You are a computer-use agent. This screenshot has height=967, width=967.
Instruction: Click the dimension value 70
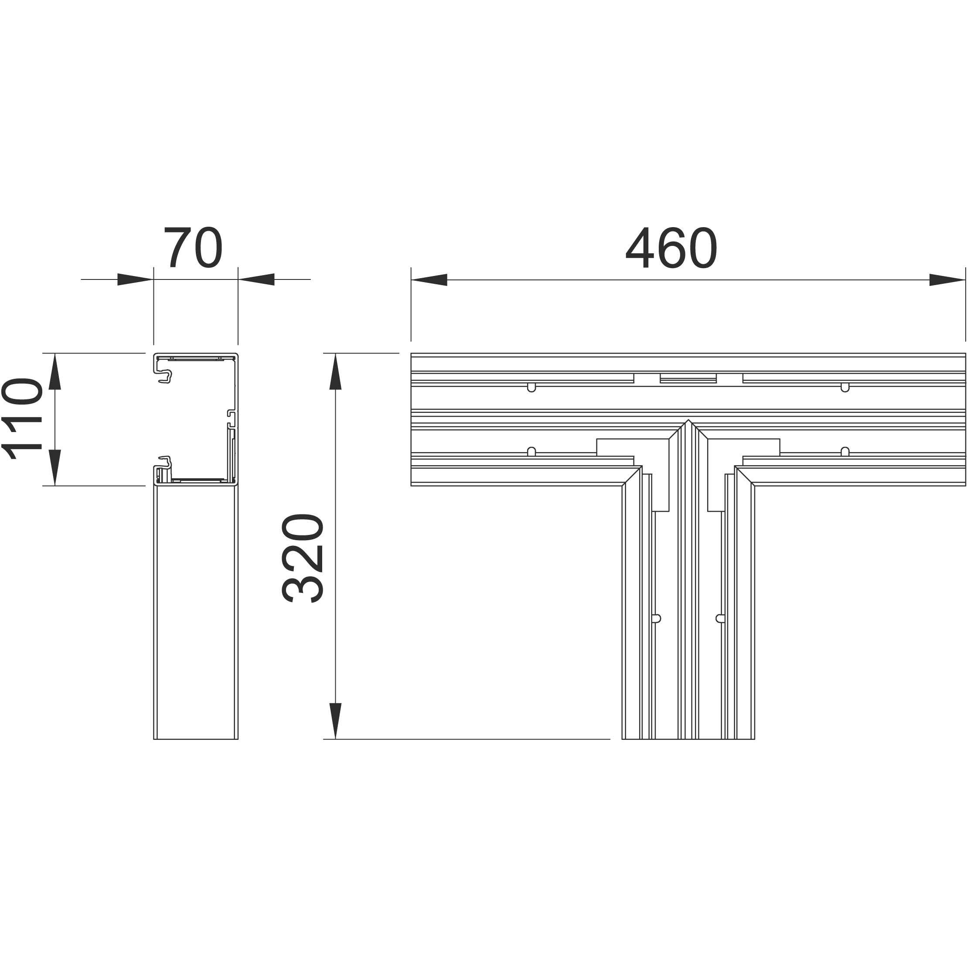(x=193, y=248)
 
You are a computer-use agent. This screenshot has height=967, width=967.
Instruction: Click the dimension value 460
(x=671, y=248)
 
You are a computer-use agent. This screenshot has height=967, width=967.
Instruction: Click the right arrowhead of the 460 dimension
(x=947, y=280)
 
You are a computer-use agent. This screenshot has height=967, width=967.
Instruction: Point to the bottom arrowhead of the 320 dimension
(x=335, y=721)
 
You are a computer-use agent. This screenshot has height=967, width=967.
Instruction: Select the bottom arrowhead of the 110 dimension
(x=54, y=467)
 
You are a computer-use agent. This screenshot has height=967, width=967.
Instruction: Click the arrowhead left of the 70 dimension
(x=135, y=280)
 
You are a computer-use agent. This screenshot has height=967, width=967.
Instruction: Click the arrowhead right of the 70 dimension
(x=256, y=280)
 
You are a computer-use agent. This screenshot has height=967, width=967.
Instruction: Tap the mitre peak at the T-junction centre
(x=688, y=422)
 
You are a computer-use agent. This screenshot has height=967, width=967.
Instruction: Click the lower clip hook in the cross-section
(x=165, y=463)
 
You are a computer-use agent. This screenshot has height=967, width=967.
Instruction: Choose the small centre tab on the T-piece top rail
(x=688, y=378)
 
